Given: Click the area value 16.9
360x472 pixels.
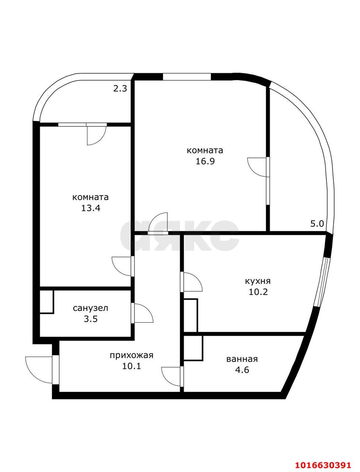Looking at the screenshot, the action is (x=205, y=161).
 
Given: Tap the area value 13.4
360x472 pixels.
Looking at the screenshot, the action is (x=90, y=208).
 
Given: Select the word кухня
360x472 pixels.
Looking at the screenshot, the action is (x=258, y=281).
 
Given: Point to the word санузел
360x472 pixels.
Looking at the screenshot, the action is (x=90, y=308).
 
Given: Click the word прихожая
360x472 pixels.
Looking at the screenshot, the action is (x=132, y=355).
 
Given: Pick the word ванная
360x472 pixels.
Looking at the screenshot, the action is (x=242, y=359).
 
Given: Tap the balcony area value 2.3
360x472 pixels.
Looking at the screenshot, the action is (x=120, y=88).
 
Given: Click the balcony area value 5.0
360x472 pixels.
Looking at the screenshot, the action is (x=317, y=224).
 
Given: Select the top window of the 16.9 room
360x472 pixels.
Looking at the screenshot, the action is (x=187, y=77).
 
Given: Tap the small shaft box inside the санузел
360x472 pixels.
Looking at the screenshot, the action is (x=46, y=302).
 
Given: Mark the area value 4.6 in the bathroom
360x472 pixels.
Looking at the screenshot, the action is (x=242, y=370).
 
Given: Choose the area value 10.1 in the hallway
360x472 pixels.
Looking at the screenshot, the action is (x=132, y=366).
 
